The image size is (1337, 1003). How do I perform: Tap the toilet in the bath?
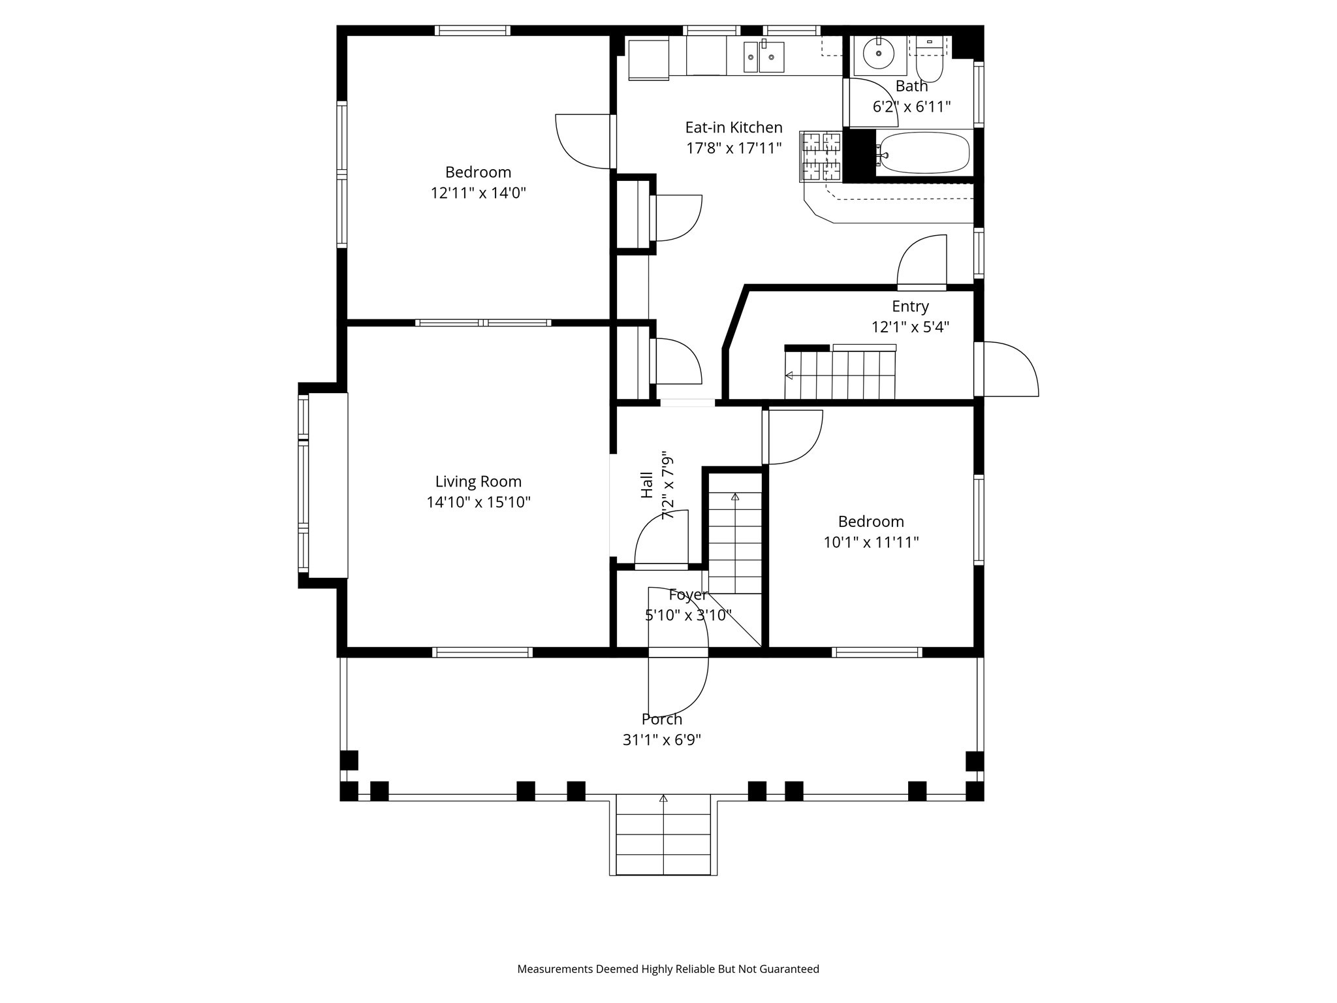[930, 63]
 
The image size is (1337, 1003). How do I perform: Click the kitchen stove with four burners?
[821, 157]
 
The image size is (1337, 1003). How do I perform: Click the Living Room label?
[478, 481]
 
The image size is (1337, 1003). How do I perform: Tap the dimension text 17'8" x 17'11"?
[733, 148]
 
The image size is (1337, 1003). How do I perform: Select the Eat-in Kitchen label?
[733, 127]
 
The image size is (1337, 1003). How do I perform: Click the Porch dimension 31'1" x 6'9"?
[661, 740]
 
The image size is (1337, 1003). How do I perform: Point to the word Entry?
[910, 306]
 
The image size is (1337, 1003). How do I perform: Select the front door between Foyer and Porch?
[677, 653]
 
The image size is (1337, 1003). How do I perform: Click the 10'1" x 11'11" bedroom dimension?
[871, 542]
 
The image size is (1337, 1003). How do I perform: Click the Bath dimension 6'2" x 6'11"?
[911, 107]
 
